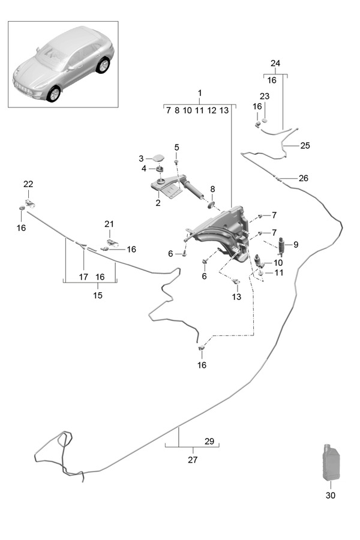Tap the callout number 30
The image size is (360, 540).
331,496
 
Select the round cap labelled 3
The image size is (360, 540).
159,158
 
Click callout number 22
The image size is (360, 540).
28,184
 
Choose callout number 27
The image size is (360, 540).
192,460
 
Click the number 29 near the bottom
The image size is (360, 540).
209,441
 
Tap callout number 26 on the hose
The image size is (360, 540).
303,178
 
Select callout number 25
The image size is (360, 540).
305,145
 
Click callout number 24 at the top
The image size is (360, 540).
275,63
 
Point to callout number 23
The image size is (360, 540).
265,96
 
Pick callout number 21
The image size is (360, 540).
109,224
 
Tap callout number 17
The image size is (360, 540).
83,277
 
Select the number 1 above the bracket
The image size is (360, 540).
200,93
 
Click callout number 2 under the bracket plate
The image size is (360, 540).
158,203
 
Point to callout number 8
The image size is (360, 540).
212,190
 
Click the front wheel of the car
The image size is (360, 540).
55,94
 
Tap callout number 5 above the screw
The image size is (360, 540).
176,147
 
